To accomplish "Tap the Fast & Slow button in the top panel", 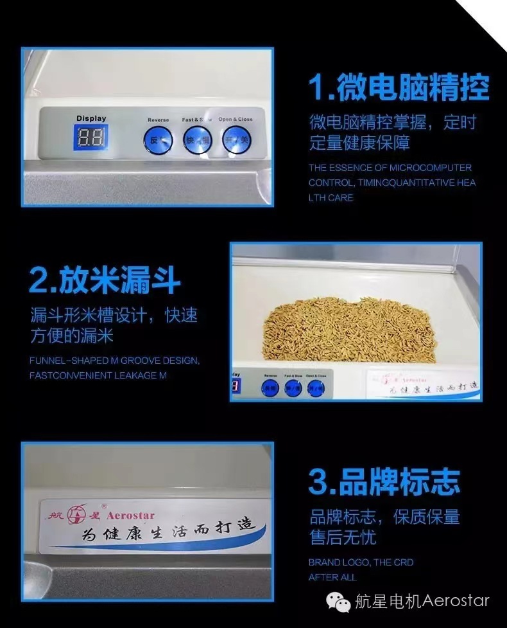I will coord(197,139).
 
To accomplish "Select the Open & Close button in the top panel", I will coord(236,139).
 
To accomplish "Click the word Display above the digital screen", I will coord(91,118).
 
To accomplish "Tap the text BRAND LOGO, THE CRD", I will coord(361,562).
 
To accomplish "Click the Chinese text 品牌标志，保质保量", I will coord(384,517).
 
